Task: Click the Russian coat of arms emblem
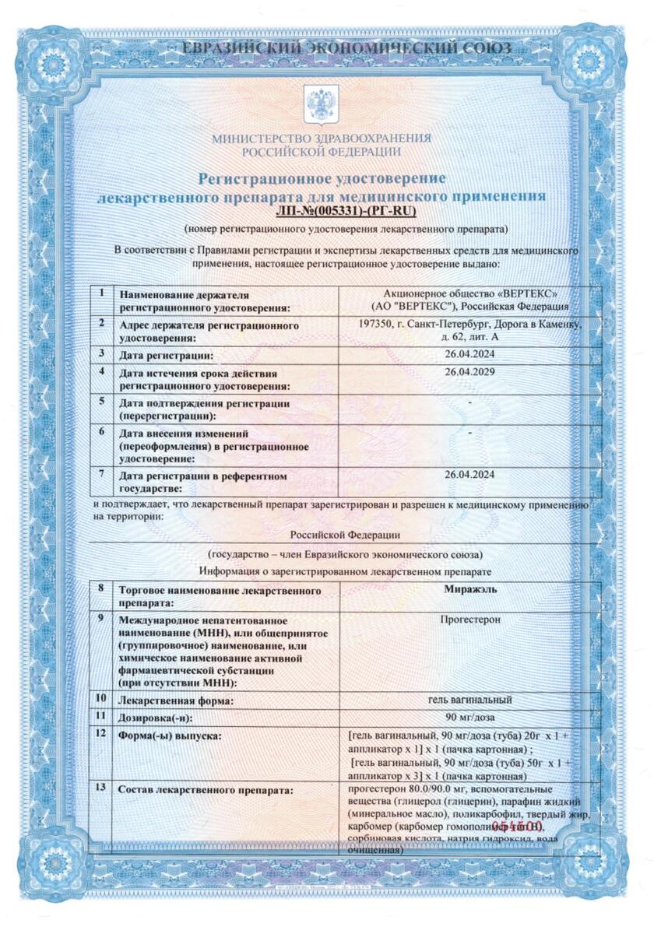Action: pos(322,103)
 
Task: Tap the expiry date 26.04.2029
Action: pos(469,372)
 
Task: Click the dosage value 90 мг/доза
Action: pos(469,716)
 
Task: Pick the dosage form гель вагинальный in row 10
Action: pos(469,699)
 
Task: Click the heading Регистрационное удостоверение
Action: pos(322,179)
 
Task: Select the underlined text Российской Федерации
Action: pos(345,535)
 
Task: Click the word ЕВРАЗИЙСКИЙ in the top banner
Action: pos(239,48)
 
